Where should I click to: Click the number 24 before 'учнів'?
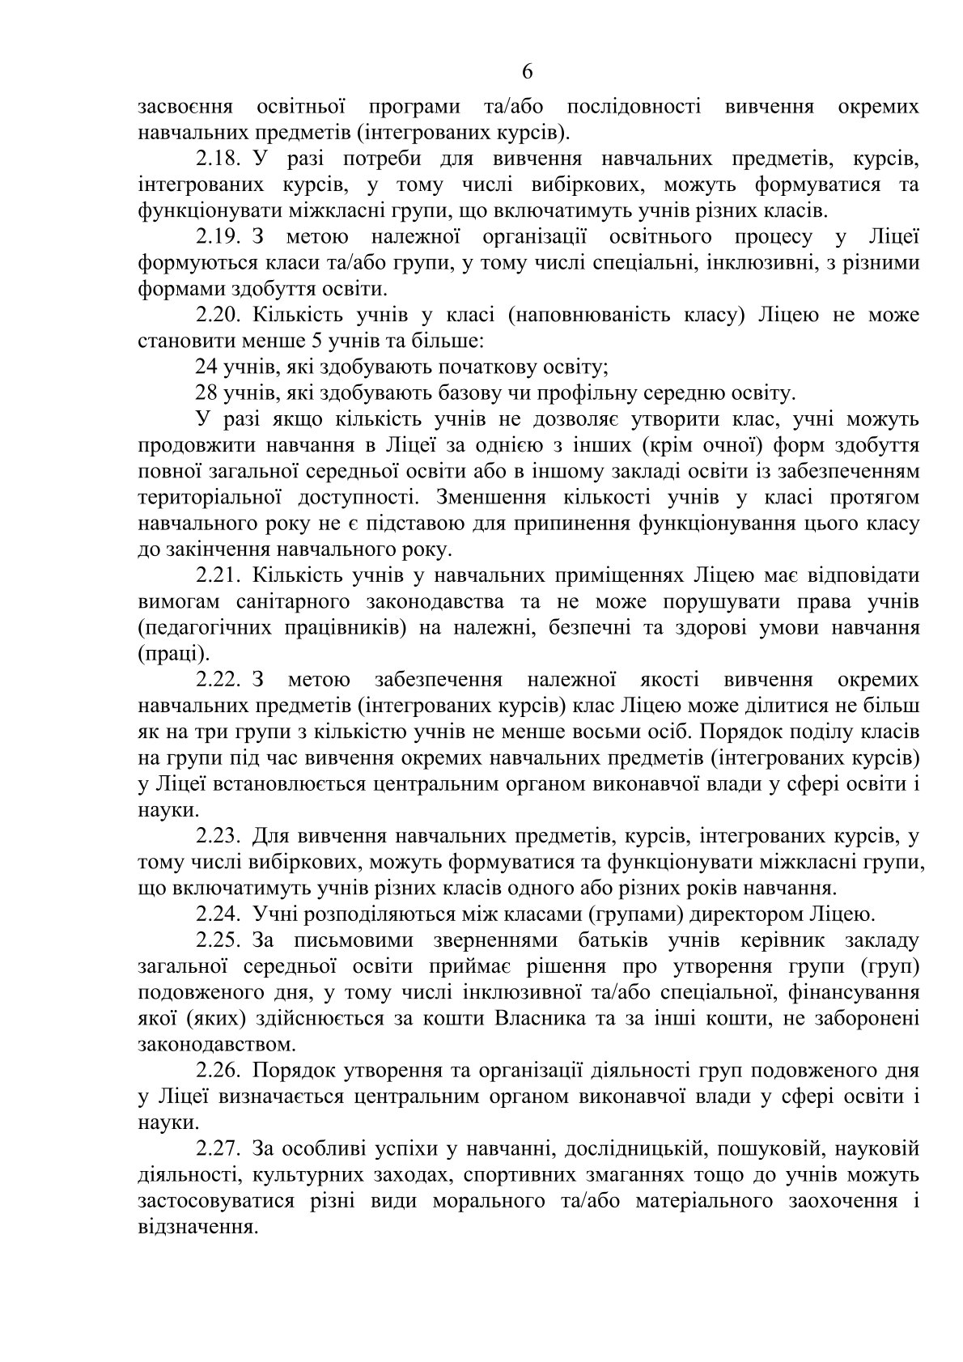(206, 367)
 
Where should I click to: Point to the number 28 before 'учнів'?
(206, 393)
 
